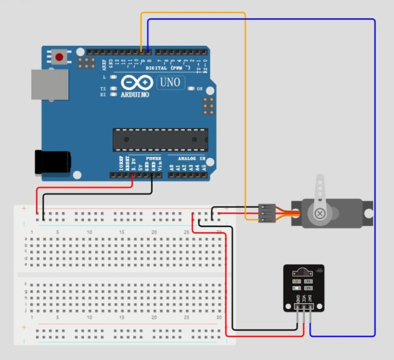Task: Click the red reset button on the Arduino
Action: click(x=59, y=56)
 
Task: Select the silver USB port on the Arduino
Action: click(x=50, y=84)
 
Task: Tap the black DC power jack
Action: click(x=52, y=162)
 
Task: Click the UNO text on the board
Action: click(x=170, y=82)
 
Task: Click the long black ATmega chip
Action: click(x=160, y=139)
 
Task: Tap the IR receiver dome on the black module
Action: click(x=303, y=272)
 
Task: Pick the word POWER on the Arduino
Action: click(x=153, y=158)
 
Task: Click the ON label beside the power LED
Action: click(x=200, y=89)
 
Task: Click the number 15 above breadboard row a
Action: click(x=122, y=232)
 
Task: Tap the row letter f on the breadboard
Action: click(x=26, y=284)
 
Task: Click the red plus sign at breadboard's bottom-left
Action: click(x=24, y=327)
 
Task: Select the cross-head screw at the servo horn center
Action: click(x=320, y=213)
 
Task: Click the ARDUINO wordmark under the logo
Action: click(x=135, y=95)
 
